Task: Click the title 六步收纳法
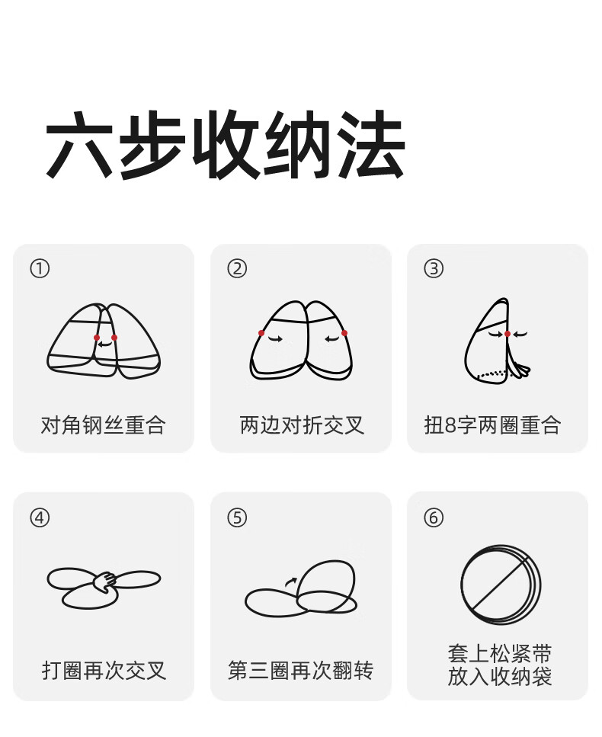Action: click(225, 144)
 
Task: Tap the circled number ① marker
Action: click(40, 269)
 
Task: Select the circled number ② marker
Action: click(237, 269)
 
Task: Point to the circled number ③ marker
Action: click(434, 269)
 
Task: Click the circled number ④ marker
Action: click(40, 518)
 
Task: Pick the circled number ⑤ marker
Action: click(237, 518)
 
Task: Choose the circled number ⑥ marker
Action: click(434, 518)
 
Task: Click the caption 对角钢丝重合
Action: click(104, 425)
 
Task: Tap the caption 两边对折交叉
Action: click(302, 425)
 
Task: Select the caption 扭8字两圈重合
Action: click(492, 425)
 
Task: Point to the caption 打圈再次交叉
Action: click(104, 670)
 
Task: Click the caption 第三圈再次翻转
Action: click(301, 670)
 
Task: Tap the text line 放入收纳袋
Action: click(500, 676)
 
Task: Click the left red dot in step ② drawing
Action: click(261, 333)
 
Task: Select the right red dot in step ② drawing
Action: click(344, 333)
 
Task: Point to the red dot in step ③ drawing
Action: click(508, 334)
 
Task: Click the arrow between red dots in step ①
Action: click(105, 344)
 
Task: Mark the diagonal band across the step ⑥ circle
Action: click(499, 585)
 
